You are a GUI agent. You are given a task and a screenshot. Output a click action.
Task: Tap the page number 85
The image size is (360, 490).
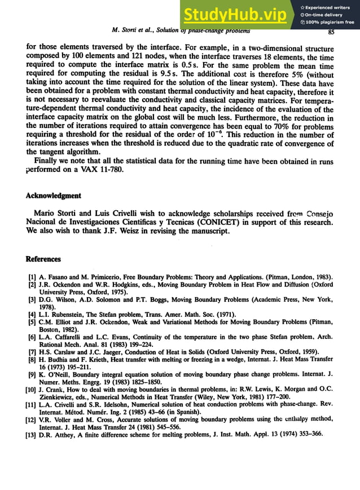(x=331, y=32)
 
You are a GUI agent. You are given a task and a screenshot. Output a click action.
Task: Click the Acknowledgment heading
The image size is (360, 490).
(x=54, y=196)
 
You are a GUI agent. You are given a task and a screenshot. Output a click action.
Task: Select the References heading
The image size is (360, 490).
(x=43, y=259)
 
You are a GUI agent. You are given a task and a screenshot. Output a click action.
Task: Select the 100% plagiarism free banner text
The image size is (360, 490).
(x=331, y=23)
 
